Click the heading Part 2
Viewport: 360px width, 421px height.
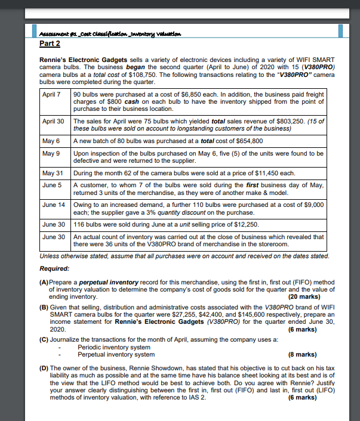click(50, 44)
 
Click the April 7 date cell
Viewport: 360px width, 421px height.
click(53, 94)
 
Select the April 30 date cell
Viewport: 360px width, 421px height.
click(54, 121)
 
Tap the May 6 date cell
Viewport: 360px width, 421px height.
click(51, 141)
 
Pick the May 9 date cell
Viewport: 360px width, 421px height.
click(51, 153)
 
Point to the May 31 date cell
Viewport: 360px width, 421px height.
click(53, 173)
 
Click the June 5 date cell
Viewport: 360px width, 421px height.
click(52, 185)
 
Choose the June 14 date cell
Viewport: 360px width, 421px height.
click(54, 205)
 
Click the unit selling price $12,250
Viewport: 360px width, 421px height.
click(226, 224)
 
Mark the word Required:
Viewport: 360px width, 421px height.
click(55, 268)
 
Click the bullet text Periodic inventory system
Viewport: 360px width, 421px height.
click(113, 347)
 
